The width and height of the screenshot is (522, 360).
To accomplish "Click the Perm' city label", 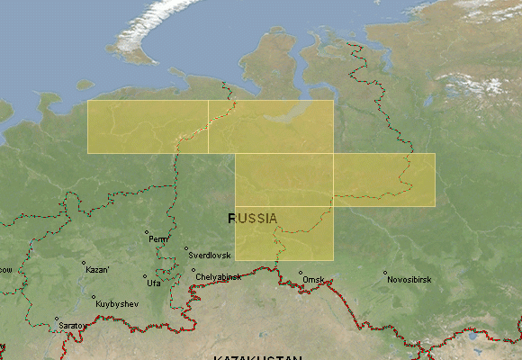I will pyautogui.click(x=158, y=239).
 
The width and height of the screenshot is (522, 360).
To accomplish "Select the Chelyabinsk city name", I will pyautogui.click(x=218, y=277).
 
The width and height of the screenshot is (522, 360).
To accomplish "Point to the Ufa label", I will pyautogui.click(x=154, y=283).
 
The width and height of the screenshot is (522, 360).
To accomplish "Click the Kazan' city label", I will pyautogui.click(x=97, y=270).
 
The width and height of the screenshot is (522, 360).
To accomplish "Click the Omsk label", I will pyautogui.click(x=313, y=280).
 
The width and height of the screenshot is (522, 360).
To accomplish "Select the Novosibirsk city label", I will pyautogui.click(x=409, y=280).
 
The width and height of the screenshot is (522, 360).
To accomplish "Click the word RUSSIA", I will pyautogui.click(x=253, y=218).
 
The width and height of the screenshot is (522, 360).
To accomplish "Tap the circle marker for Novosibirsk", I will pyautogui.click(x=385, y=273).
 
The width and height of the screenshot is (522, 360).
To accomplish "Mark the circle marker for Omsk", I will pyautogui.click(x=301, y=273).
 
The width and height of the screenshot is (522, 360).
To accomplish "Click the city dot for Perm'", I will pyautogui.click(x=147, y=232).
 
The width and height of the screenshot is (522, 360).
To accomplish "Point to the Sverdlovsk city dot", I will pyautogui.click(x=186, y=249).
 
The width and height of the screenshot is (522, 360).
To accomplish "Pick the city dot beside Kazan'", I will pyautogui.click(x=83, y=263).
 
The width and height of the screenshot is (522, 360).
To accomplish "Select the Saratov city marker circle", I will pyautogui.click(x=56, y=319).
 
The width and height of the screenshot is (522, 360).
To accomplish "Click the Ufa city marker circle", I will pyautogui.click(x=144, y=277).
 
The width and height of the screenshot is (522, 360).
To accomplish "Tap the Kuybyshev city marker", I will pyautogui.click(x=94, y=298).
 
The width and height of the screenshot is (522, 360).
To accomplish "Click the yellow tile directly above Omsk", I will pyautogui.click(x=284, y=233).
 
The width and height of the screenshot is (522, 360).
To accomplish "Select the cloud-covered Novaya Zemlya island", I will pyautogui.click(x=153, y=31).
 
